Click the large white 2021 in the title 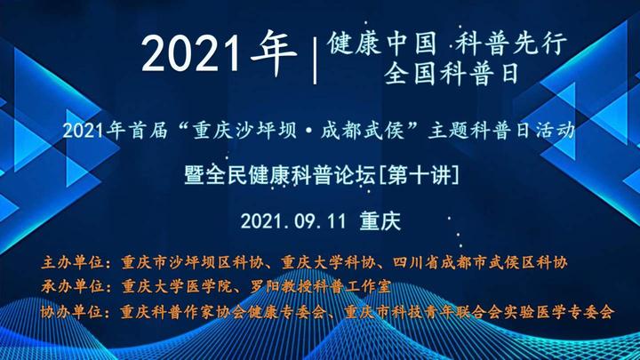(x=191, y=53)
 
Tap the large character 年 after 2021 (x=274, y=52)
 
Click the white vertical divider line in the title (x=315, y=60)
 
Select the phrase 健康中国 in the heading (x=381, y=44)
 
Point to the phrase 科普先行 (x=510, y=44)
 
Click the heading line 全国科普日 (x=451, y=74)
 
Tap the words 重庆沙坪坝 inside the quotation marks (x=245, y=131)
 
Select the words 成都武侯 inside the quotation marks (x=363, y=131)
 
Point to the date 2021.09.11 (x=293, y=221)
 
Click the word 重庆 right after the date (x=380, y=221)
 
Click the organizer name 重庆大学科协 (x=328, y=262)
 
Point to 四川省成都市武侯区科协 (x=480, y=262)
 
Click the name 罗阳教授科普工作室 (x=321, y=286)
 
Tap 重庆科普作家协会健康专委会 (x=223, y=312)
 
